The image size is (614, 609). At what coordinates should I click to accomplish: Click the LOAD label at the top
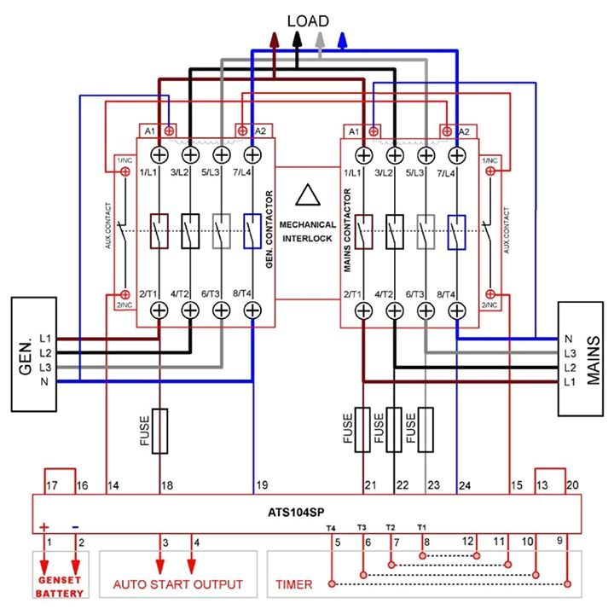click(x=308, y=20)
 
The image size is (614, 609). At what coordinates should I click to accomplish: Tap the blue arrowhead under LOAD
click(x=342, y=38)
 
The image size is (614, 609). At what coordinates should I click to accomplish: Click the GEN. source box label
click(x=26, y=351)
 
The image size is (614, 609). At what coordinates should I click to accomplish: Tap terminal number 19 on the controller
click(x=262, y=485)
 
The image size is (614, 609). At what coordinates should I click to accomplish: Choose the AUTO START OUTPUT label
click(x=178, y=584)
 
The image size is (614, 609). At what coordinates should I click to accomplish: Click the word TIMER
click(x=294, y=584)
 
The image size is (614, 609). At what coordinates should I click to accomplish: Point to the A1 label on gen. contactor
click(x=149, y=131)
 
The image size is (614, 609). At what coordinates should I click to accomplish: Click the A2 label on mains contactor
click(x=464, y=131)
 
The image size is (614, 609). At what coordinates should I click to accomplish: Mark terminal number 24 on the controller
click(x=465, y=485)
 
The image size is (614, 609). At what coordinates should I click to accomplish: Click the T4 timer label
click(x=331, y=528)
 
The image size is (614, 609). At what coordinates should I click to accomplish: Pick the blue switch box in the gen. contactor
click(x=252, y=230)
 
